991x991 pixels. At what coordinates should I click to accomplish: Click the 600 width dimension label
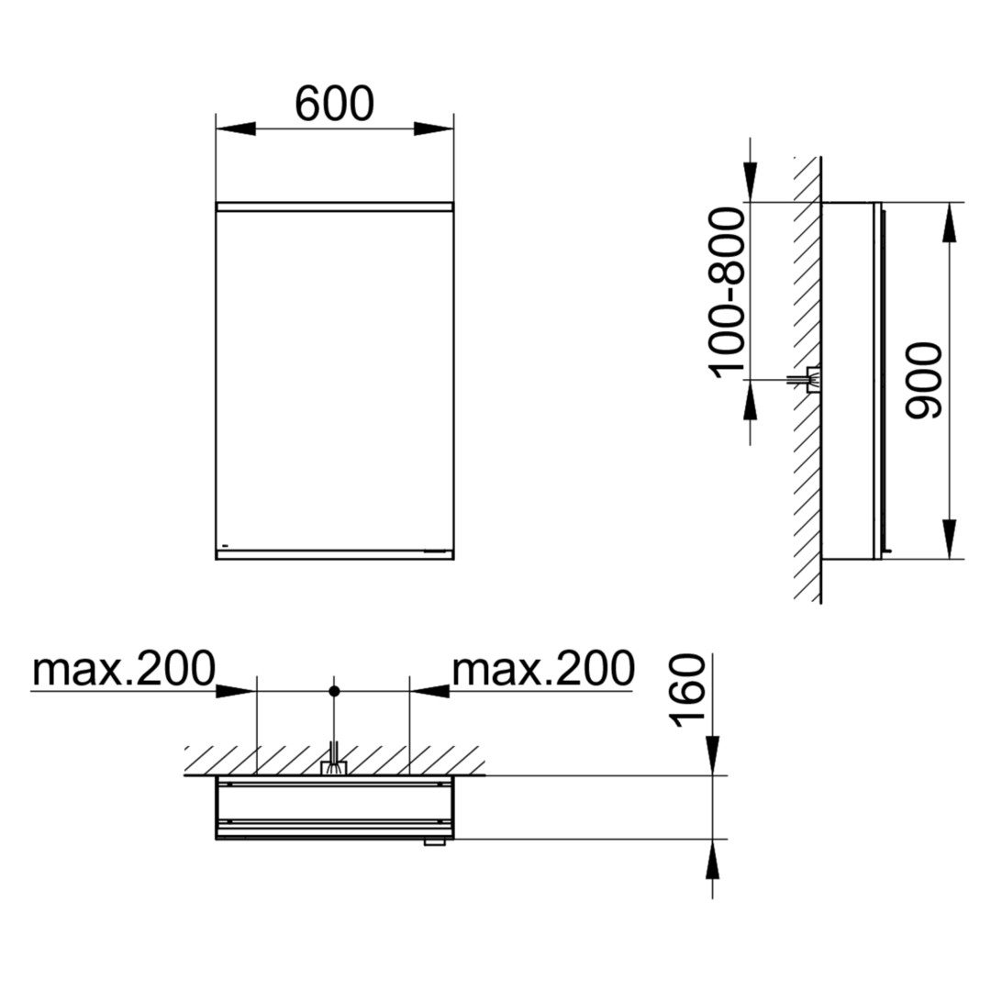334,104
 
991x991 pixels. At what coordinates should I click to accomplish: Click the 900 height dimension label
923,381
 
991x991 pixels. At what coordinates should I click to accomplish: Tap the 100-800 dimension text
728,293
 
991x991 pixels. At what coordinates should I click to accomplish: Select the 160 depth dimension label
688,691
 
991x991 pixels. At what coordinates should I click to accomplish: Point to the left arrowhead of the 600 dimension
236,128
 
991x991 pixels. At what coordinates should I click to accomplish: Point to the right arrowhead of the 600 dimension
433,128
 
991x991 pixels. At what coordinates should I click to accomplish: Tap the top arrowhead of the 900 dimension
950,222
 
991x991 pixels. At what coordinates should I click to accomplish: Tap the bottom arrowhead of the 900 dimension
950,539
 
